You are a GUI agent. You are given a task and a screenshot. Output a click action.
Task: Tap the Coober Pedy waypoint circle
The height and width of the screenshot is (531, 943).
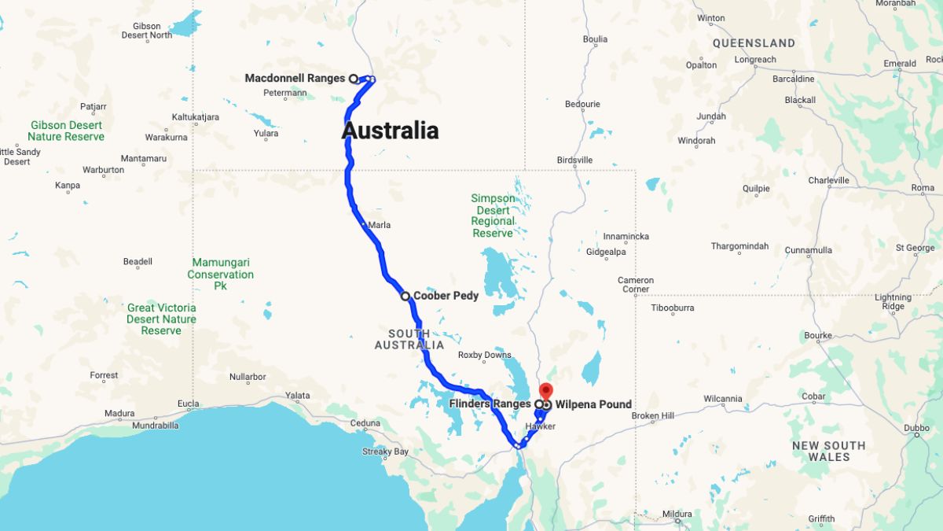click(x=405, y=297)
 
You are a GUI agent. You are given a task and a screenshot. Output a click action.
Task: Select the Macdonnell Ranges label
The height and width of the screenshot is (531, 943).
click(x=295, y=78)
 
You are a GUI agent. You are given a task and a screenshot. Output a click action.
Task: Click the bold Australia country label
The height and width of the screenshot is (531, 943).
click(x=390, y=131)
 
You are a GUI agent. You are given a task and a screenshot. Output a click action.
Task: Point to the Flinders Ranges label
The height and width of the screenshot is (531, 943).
click(x=490, y=404)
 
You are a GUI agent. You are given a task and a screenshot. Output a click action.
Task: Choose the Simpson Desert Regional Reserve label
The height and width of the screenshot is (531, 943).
click(x=493, y=216)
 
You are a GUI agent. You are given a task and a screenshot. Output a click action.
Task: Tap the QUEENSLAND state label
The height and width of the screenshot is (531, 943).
click(x=754, y=43)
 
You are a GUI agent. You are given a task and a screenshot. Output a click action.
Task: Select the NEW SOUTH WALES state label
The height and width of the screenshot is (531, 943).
click(x=828, y=451)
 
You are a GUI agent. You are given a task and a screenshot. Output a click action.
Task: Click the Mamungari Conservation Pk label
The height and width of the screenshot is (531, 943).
click(x=220, y=275)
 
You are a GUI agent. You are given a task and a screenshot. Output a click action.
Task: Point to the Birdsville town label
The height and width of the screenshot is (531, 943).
click(x=574, y=160)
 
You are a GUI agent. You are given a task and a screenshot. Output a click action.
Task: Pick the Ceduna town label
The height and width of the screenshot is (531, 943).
click(x=365, y=423)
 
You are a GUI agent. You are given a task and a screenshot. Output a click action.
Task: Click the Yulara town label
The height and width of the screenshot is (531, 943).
click(x=266, y=134)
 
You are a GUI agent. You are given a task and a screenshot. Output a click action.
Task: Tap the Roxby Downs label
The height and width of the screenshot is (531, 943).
click(x=485, y=355)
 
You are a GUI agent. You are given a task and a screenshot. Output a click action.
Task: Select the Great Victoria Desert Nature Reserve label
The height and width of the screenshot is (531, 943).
click(x=161, y=319)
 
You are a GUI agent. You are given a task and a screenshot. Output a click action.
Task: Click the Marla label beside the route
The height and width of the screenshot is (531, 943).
click(x=379, y=226)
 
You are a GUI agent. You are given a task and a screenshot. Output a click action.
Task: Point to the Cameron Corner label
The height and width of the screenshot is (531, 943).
click(x=635, y=285)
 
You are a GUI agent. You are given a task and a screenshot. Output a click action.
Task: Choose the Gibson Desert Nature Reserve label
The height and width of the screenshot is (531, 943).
click(x=67, y=131)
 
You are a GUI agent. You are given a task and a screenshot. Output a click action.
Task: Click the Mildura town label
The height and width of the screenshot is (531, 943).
click(x=677, y=514)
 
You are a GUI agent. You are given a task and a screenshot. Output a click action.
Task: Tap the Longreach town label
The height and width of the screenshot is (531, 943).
click(x=755, y=60)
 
